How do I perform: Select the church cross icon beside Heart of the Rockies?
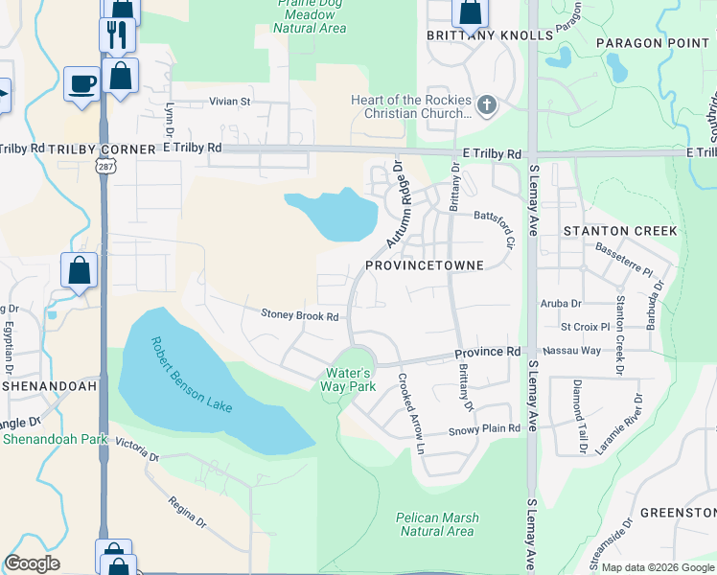pyautogui.click(x=486, y=104)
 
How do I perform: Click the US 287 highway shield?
pyautogui.click(x=102, y=167)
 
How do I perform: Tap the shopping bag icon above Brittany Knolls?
pyautogui.click(x=470, y=12)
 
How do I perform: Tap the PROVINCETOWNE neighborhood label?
pyautogui.click(x=423, y=264)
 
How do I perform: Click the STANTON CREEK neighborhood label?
pyautogui.click(x=620, y=231)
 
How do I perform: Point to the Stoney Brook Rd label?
pyautogui.click(x=300, y=315)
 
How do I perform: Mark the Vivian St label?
pyautogui.click(x=229, y=101)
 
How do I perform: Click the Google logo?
pyautogui.click(x=32, y=563)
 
